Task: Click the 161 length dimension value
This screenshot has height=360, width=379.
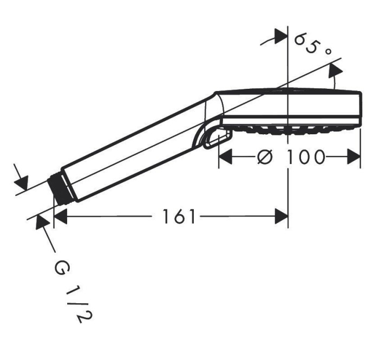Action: click(x=179, y=217)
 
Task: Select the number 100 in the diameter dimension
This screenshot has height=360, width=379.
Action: click(x=306, y=158)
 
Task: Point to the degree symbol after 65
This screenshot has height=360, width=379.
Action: click(x=327, y=51)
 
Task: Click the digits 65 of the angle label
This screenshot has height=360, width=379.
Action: click(x=306, y=43)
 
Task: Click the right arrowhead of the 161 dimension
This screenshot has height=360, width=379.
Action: click(x=282, y=217)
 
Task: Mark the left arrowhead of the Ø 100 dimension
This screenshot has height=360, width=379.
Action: click(x=225, y=158)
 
